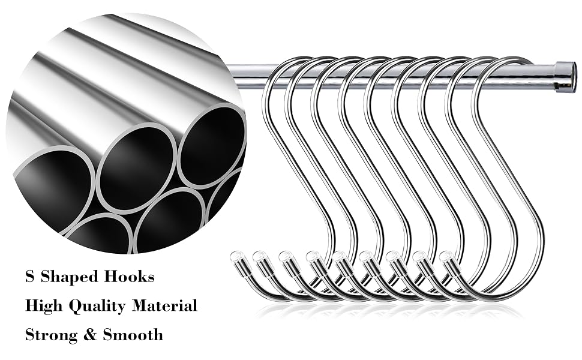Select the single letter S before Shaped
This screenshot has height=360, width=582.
click(29, 277)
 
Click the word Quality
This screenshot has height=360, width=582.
click(98, 307)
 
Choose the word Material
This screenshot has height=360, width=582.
click(165, 305)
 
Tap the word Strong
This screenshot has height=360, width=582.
click(52, 335)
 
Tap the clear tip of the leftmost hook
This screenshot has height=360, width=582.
click(236, 257)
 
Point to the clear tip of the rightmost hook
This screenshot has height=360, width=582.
click(446, 257)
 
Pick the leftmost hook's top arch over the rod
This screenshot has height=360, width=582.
click(286, 60)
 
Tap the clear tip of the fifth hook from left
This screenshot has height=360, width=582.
click(339, 257)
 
